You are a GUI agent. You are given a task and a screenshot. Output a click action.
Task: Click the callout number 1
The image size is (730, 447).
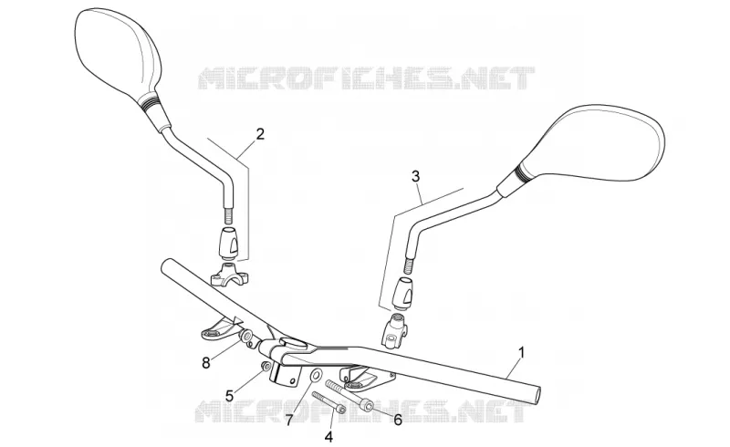[522, 352]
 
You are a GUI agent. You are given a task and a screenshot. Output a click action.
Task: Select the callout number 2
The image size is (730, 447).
[260, 134]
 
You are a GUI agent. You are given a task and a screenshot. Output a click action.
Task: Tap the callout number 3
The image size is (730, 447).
[416, 176]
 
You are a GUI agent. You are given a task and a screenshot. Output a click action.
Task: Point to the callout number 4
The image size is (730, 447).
[328, 437]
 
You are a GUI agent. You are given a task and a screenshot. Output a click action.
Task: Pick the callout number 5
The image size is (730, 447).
[230, 396]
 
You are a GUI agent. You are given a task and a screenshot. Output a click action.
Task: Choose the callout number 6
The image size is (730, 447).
[398, 420]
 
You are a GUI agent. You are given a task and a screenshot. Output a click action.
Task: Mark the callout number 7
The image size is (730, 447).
[288, 421]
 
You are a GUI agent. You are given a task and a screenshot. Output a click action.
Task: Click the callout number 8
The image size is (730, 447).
[206, 363]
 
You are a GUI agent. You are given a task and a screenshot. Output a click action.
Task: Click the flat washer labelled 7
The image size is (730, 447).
[317, 375]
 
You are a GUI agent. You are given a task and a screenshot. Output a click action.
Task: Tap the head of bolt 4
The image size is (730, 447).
[341, 410]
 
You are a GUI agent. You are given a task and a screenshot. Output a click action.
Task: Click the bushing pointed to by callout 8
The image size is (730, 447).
[246, 337]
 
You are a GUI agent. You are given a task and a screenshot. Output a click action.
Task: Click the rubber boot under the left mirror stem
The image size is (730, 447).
[229, 243]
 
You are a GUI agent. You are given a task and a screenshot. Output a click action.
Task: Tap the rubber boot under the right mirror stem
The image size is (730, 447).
[403, 292]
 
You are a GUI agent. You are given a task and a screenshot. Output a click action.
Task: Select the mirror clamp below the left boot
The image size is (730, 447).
[230, 274]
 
